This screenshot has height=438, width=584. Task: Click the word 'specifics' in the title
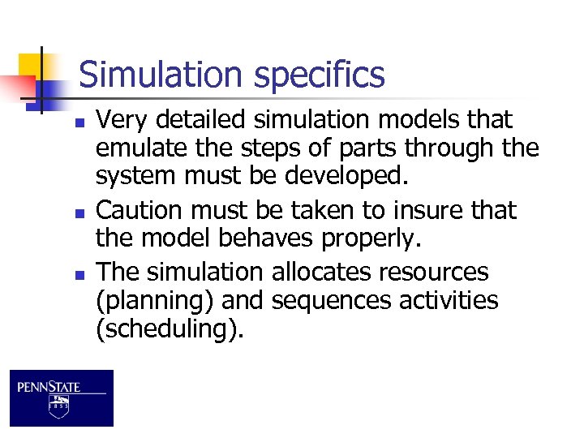tap(319, 75)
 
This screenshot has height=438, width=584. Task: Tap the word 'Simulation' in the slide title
tap(161, 75)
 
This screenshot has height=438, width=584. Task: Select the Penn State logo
tap(62, 397)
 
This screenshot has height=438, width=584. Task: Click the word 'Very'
tap(122, 120)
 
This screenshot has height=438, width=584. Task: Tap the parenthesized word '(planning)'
tap(154, 302)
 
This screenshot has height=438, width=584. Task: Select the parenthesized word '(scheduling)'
tap(169, 331)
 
